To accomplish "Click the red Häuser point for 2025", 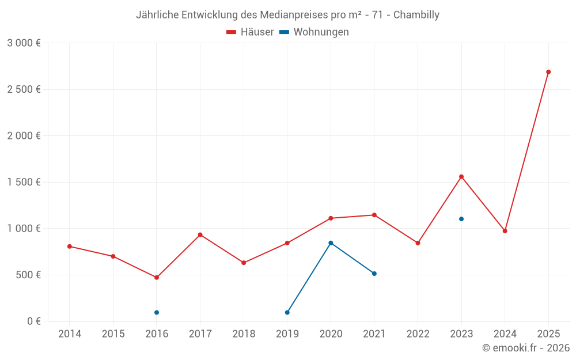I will pyautogui.click(x=548, y=72).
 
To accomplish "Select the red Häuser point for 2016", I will pyautogui.click(x=157, y=278).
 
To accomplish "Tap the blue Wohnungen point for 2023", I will pyautogui.click(x=461, y=219).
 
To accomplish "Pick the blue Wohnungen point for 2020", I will pyautogui.click(x=331, y=243).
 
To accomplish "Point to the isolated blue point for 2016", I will pyautogui.click(x=157, y=312).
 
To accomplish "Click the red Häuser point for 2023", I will pyautogui.click(x=461, y=177).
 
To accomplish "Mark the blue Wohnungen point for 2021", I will pyautogui.click(x=374, y=274).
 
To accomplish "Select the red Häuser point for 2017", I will pyautogui.click(x=200, y=234).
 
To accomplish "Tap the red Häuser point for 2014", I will pyautogui.click(x=70, y=247).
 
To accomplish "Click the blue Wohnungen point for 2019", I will pyautogui.click(x=287, y=312).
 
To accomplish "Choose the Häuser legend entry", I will pyautogui.click(x=250, y=32).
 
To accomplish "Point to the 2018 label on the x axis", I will pyautogui.click(x=244, y=334).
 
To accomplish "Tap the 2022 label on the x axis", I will pyautogui.click(x=418, y=334).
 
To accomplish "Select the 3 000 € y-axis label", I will pyautogui.click(x=24, y=43).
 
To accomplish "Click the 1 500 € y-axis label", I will pyautogui.click(x=24, y=183).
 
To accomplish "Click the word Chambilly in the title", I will pyautogui.click(x=416, y=15).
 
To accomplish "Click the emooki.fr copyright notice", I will pyautogui.click(x=526, y=348).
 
